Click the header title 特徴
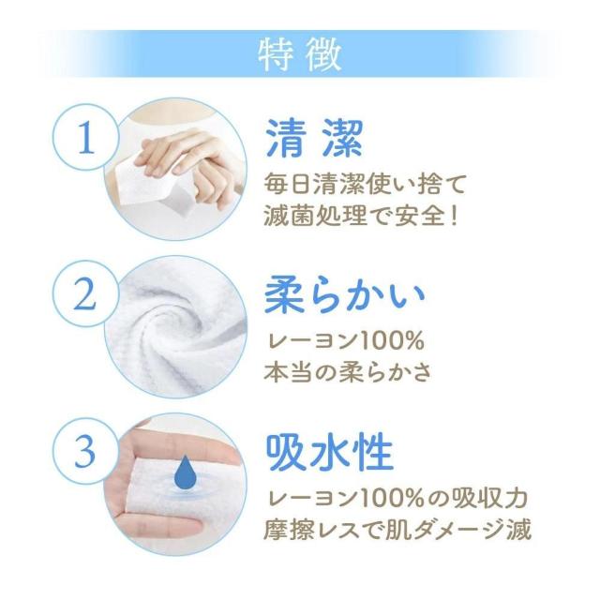click(300, 55)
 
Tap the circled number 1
click(85, 138)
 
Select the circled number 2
click(85, 293)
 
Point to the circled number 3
click(85, 451)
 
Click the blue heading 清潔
click(314, 139)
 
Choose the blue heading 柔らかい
click(345, 295)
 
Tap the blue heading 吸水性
click(330, 452)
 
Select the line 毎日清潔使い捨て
click(365, 184)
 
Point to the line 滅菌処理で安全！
click(361, 216)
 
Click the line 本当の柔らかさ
click(348, 372)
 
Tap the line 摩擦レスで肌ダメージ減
click(397, 529)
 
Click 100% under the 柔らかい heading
click(392, 340)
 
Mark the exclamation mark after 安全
click(454, 217)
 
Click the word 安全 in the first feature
click(416, 217)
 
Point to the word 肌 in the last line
click(397, 530)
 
